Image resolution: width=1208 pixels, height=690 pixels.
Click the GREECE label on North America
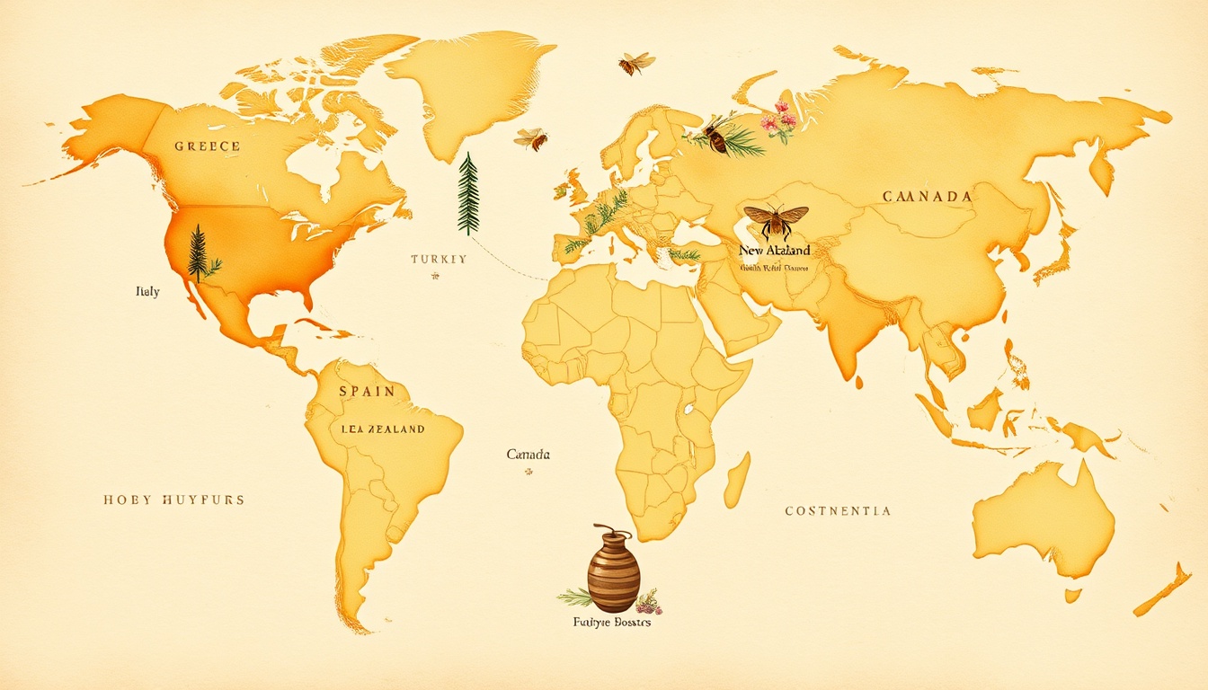pos(207,146)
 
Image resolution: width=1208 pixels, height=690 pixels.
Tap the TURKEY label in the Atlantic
pos(439,259)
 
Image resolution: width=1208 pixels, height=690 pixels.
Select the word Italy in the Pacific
pos(147,292)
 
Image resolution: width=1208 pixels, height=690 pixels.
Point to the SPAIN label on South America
pos(367,391)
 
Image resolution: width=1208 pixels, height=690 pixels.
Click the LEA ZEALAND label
pos(383,429)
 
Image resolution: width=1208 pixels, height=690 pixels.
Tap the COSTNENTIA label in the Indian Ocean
pos(838,510)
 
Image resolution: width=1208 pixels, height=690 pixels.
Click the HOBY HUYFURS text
pos(173,500)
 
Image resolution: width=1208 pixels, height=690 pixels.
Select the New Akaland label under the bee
pos(774,250)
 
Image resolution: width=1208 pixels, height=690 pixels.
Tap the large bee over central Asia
pos(776,218)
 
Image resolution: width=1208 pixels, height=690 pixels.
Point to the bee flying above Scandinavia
pos(635,62)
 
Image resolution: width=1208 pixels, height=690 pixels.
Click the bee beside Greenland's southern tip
pos(531,138)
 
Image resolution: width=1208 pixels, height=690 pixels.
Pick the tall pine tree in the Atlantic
pos(468,193)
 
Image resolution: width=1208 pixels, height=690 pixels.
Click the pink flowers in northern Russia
pos(779,122)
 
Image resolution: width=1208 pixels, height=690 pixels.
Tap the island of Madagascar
pos(737,479)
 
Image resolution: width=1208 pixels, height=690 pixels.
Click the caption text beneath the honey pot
pos(611,622)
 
